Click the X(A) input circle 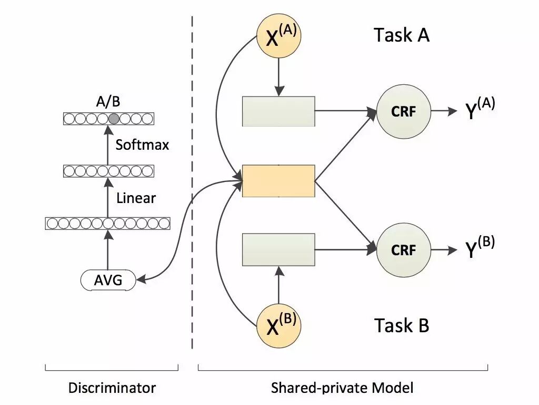[x=279, y=36]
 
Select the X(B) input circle [x=279, y=325]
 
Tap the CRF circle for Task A [x=404, y=111]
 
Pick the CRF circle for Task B [x=404, y=250]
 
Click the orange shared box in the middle [x=279, y=181]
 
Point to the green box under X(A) [x=279, y=111]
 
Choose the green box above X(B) [x=279, y=249]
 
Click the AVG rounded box [x=108, y=280]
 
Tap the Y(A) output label [x=480, y=108]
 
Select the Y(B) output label [x=480, y=247]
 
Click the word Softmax [x=142, y=144]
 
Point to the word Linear [x=136, y=198]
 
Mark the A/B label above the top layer [x=108, y=102]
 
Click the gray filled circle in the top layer [x=114, y=119]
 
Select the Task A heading [x=402, y=35]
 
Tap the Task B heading [x=402, y=325]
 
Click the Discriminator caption [x=112, y=388]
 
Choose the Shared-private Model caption [x=342, y=388]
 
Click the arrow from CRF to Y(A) [x=444, y=111]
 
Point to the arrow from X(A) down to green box [x=279, y=77]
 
